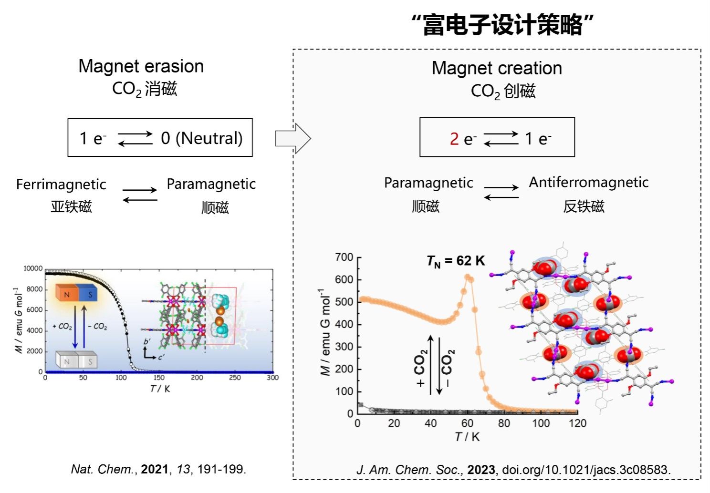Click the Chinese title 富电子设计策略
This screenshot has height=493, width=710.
point(503,25)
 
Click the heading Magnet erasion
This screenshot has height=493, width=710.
point(141,66)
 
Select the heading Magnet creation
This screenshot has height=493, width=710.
point(497,68)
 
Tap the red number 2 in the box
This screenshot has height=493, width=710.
point(454,139)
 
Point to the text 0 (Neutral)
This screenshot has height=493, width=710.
point(201,138)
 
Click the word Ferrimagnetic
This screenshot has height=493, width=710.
point(61,185)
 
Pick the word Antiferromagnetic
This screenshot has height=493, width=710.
point(588,182)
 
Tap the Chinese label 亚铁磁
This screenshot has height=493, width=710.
point(71,207)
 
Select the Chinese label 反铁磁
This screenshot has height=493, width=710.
point(584,206)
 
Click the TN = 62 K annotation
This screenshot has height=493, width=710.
point(456,261)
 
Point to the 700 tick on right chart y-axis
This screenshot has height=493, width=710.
point(344,257)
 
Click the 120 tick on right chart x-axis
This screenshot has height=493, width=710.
point(577,423)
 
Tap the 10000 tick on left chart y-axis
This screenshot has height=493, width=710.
point(33,269)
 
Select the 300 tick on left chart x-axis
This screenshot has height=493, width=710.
point(272,378)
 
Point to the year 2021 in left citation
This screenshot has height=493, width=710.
point(155,470)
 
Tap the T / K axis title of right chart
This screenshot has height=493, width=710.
point(467,437)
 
